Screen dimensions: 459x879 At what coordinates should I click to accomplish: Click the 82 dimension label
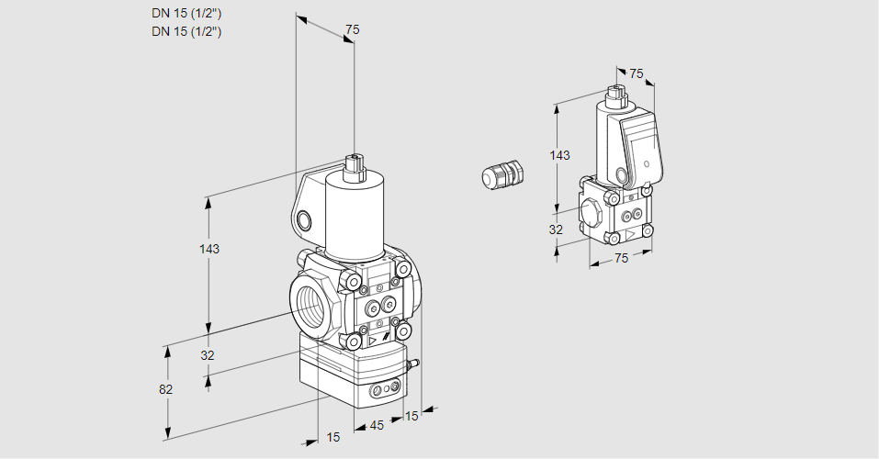pos(165,389)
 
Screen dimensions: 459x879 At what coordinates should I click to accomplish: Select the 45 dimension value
pos(376,425)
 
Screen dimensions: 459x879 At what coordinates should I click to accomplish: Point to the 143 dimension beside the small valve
pos(559,156)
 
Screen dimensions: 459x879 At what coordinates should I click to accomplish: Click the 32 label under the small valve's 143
pos(556,229)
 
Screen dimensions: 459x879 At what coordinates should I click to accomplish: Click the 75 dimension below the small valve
pos(621,258)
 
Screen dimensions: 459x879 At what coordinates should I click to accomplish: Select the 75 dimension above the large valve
pos(352,30)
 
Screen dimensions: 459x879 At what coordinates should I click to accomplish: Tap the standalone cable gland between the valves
pos(502,174)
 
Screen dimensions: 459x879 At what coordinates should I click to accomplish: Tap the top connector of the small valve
pos(616,94)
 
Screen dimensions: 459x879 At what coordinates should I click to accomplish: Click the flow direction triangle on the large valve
pos(374,341)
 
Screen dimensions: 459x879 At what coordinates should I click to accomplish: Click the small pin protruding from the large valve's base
pos(414,365)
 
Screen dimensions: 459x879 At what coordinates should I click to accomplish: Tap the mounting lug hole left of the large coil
pos(304,219)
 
